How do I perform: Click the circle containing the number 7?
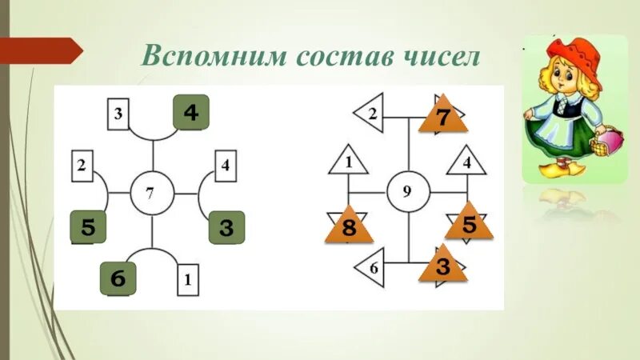tap(150, 193)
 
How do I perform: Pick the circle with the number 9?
tap(408, 193)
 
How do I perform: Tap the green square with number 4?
tap(190, 112)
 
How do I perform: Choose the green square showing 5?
tap(88, 228)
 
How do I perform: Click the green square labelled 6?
tap(118, 279)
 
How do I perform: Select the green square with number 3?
tap(226, 228)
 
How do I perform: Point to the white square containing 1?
tap(187, 281)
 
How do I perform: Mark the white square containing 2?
tap(82, 166)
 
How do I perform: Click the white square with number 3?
tap(118, 113)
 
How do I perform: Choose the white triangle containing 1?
tap(349, 162)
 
